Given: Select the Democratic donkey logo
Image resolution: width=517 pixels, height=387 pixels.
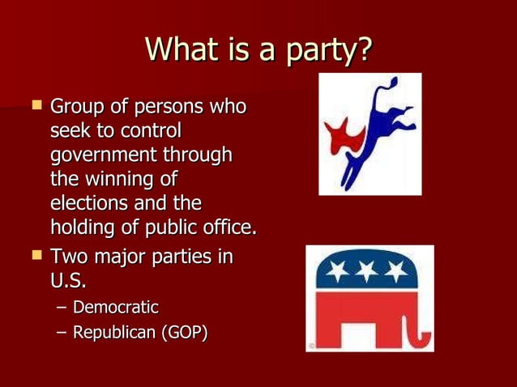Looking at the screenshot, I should click(x=370, y=134).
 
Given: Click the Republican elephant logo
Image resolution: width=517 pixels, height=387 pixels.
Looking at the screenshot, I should click(x=370, y=298).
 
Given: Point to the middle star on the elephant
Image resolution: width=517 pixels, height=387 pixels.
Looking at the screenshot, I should click(x=370, y=270).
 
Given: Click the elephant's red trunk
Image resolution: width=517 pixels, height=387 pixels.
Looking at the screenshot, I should click(x=420, y=330).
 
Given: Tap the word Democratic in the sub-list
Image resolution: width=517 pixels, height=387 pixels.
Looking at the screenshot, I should click(x=116, y=308).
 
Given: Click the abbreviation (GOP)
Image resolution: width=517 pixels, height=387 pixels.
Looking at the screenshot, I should click(x=183, y=333).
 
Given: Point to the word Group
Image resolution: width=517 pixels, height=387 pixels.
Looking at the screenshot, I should click(x=77, y=107).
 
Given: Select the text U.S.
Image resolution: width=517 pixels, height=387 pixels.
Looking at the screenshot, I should click(x=69, y=282).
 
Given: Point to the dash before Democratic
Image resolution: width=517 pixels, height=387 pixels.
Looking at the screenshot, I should click(x=62, y=308).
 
